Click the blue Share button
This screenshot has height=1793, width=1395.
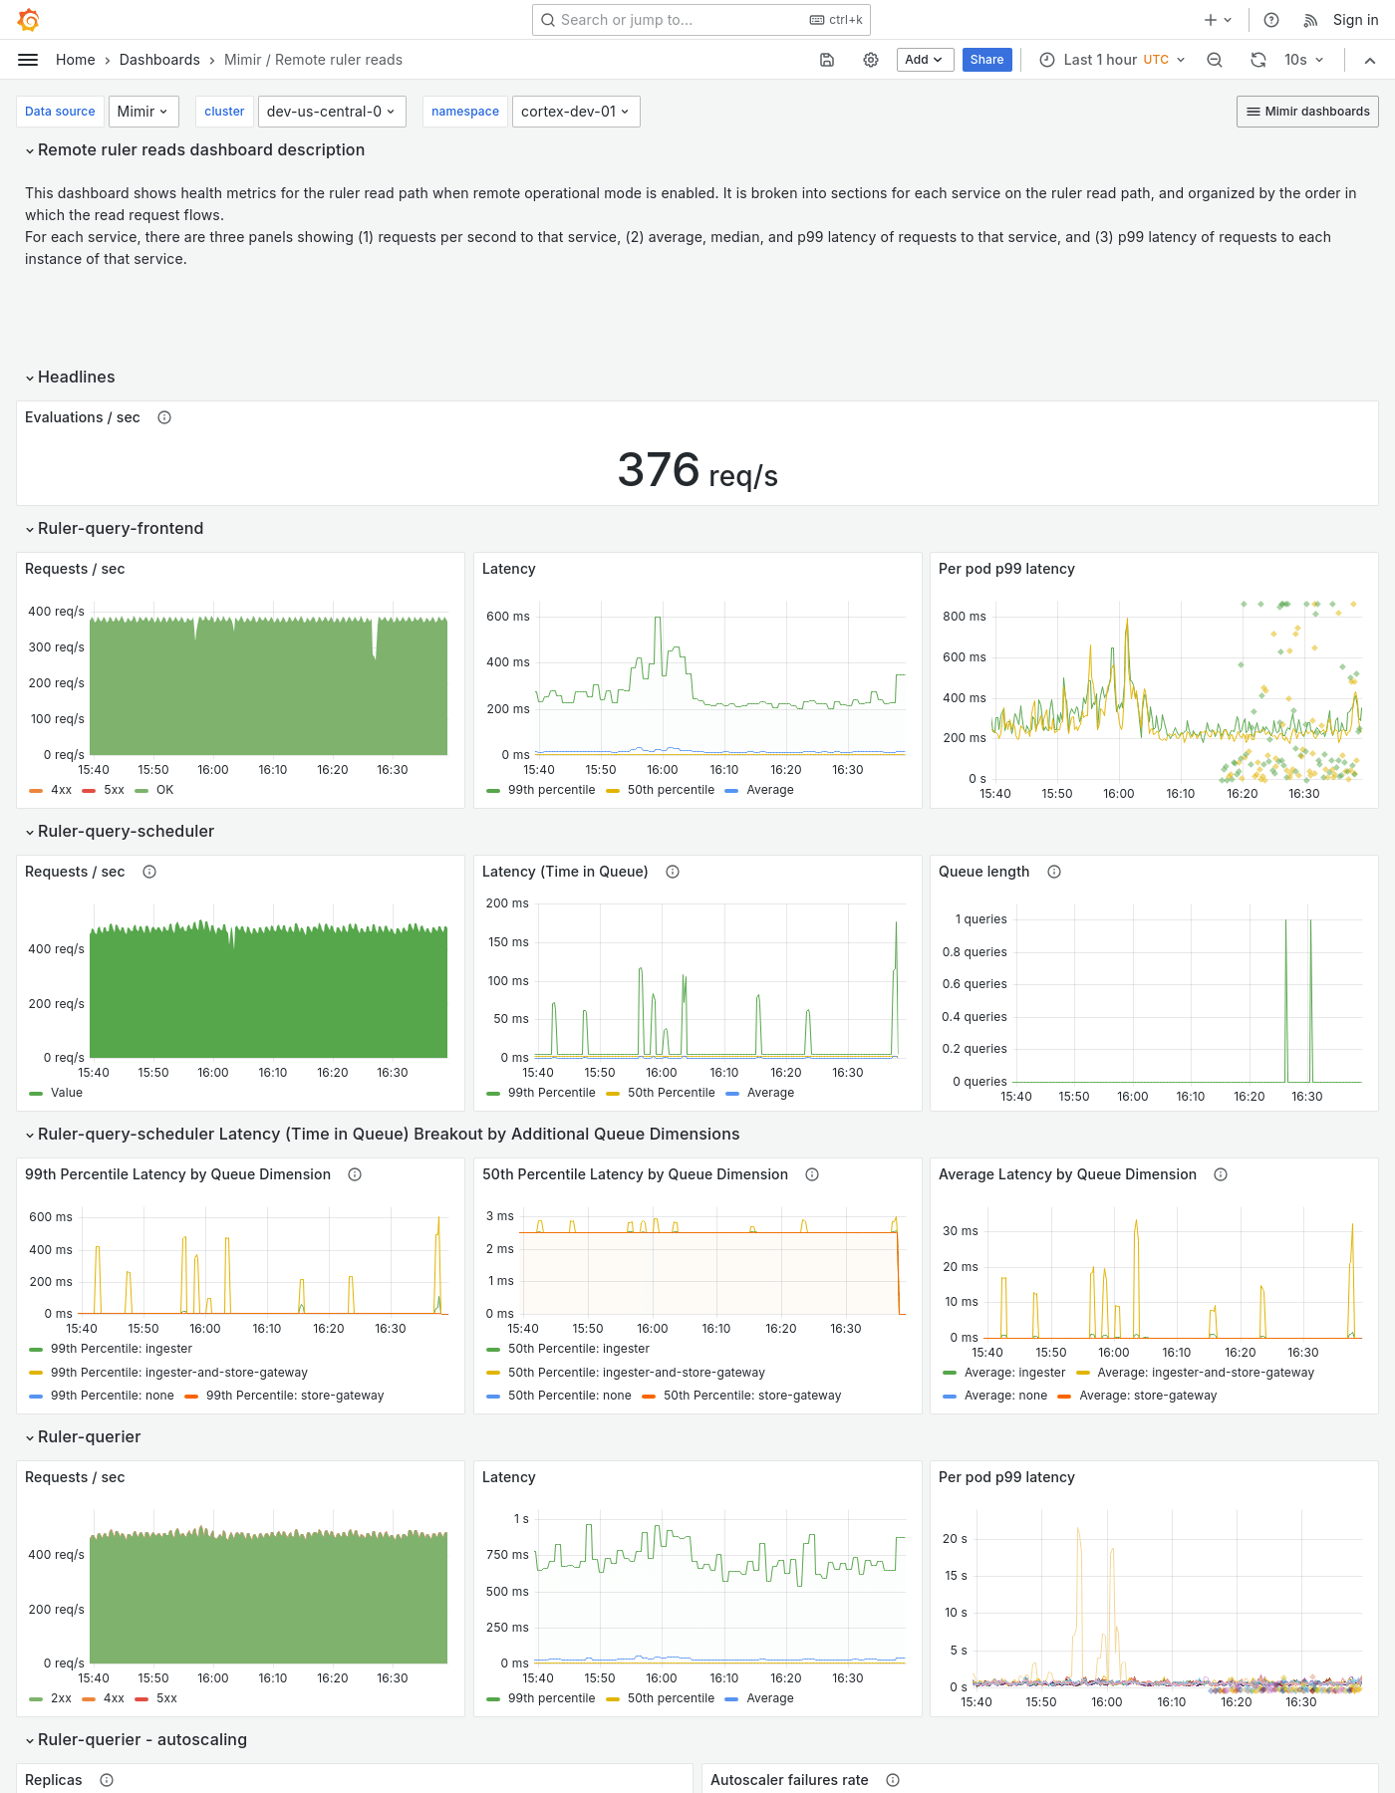tap(986, 60)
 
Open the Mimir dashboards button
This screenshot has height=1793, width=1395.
tap(1307, 112)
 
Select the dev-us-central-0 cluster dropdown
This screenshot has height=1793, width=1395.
tap(330, 112)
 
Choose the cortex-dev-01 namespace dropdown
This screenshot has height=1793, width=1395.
tap(575, 112)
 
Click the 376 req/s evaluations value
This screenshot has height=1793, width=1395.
tap(697, 470)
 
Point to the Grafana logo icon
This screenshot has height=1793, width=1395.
tap(29, 20)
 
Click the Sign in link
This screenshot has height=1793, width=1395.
tap(1355, 20)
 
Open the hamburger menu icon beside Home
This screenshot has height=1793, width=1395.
tap(28, 60)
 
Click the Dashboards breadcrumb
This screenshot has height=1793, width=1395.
tap(159, 60)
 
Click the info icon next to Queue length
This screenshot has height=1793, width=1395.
tap(1054, 872)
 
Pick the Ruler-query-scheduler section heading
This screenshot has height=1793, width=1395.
tap(126, 831)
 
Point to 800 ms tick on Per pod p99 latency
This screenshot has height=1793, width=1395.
tap(964, 617)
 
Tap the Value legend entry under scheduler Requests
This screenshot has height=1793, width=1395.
tap(66, 1093)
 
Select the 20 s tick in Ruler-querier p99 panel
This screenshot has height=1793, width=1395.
tap(955, 1539)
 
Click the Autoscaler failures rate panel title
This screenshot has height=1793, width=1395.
tap(789, 1780)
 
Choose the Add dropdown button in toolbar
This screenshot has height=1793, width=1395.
tap(924, 60)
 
